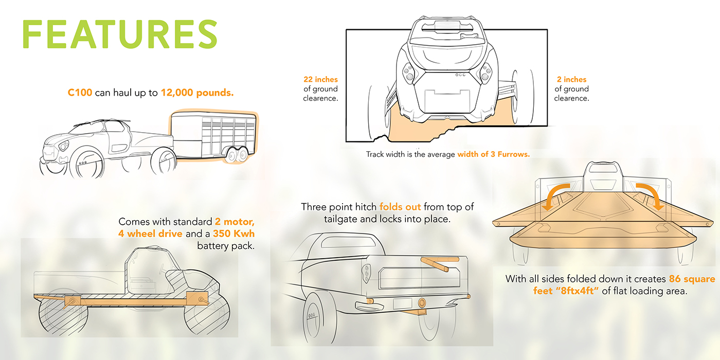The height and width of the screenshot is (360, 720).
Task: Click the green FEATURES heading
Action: click(120, 34)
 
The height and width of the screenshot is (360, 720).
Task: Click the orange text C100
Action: click(80, 93)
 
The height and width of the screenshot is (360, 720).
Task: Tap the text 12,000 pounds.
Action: click(197, 93)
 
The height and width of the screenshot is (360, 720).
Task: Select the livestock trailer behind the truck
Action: click(214, 136)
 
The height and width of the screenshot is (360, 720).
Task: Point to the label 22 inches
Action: click(320, 79)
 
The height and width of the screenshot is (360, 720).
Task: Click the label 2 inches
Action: click(571, 79)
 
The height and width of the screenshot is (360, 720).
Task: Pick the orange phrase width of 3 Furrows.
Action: click(493, 154)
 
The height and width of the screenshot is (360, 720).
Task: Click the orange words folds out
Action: click(400, 207)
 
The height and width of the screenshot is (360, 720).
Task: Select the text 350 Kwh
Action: click(233, 233)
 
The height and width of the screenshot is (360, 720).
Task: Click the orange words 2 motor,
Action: click(235, 222)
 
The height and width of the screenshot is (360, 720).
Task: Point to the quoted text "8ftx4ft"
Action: click(579, 291)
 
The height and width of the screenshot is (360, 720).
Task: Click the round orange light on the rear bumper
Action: click(421, 302)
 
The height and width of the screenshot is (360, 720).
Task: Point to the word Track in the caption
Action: click(375, 154)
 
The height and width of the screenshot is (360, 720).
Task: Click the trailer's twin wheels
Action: click(237, 154)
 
